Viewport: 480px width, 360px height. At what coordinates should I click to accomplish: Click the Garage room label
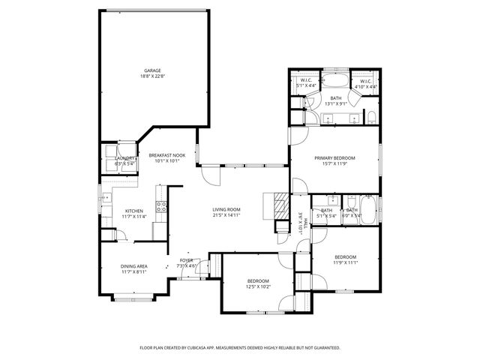click(152, 70)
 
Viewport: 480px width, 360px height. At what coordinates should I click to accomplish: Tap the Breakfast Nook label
click(166, 154)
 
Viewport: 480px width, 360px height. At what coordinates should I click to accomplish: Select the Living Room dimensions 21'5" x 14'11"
click(226, 215)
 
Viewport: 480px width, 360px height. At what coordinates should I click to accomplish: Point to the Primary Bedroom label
click(334, 158)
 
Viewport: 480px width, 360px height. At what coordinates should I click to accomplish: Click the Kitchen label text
click(134, 211)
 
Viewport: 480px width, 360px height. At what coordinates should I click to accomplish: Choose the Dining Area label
click(134, 266)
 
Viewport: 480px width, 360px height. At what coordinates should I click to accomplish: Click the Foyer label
click(186, 260)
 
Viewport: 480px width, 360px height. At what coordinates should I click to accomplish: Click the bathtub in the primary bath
click(335, 82)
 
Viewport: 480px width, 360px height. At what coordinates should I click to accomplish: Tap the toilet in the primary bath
click(370, 116)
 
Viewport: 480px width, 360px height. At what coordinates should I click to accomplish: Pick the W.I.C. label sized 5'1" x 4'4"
click(306, 80)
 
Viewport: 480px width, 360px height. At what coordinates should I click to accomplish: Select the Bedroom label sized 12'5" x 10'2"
click(257, 281)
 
